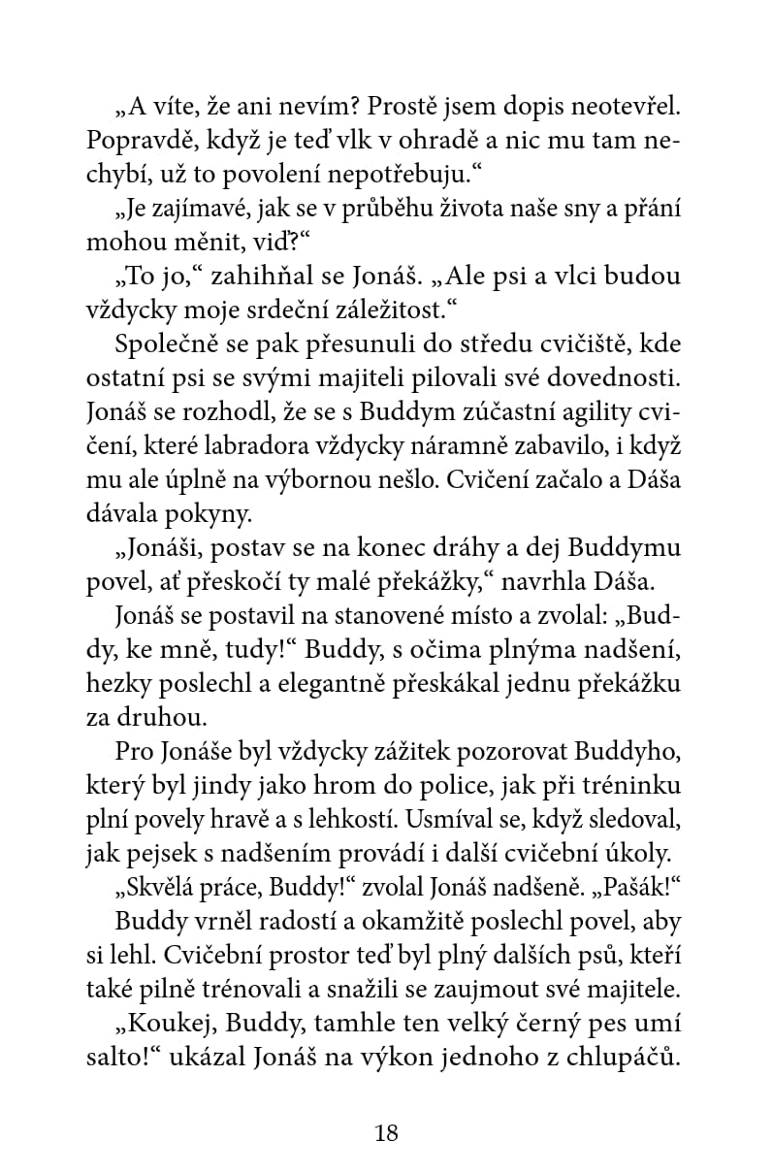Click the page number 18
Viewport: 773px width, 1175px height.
[386, 1133]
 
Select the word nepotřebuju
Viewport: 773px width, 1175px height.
[374, 176]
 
